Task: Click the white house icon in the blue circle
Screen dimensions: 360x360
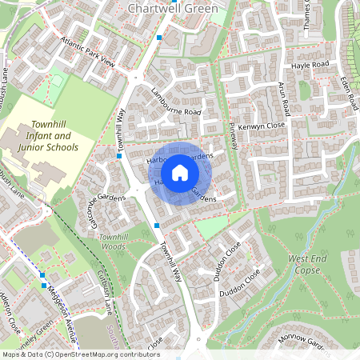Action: [x=180, y=173]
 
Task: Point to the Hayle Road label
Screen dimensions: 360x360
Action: [x=310, y=64]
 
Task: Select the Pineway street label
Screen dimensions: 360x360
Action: [x=234, y=136]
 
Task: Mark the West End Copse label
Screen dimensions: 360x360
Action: [x=310, y=265]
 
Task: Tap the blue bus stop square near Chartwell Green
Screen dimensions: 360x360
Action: [x=159, y=38]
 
